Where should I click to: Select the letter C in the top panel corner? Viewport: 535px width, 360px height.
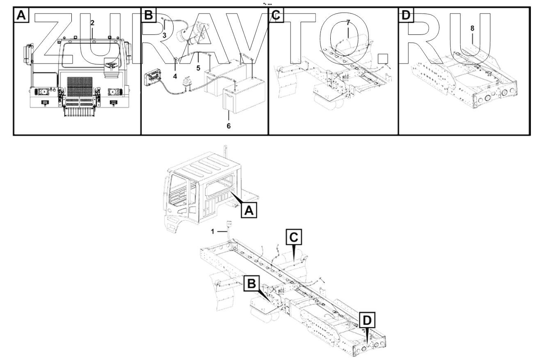[x=276, y=15]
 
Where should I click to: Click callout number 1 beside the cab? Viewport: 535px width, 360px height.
[x=212, y=231]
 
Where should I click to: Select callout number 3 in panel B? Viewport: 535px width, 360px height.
[x=164, y=36]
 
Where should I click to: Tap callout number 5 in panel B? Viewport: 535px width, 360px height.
[x=198, y=68]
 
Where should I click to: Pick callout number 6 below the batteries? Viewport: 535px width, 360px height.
[x=229, y=126]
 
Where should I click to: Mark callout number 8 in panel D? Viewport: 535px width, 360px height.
[x=473, y=29]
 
